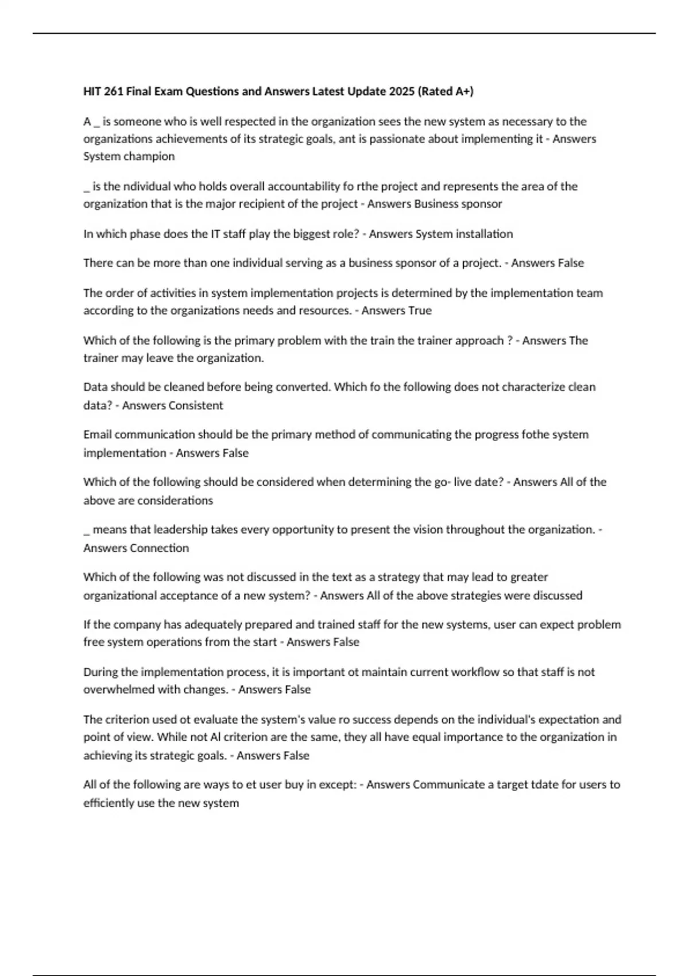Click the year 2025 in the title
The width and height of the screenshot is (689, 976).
[x=401, y=91]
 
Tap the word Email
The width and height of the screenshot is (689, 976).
[x=98, y=435]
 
